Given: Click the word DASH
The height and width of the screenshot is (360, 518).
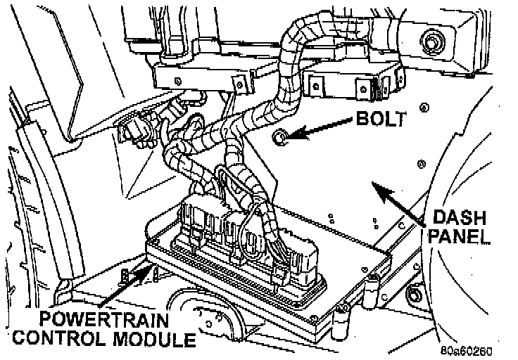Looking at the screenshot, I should [457, 217].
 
